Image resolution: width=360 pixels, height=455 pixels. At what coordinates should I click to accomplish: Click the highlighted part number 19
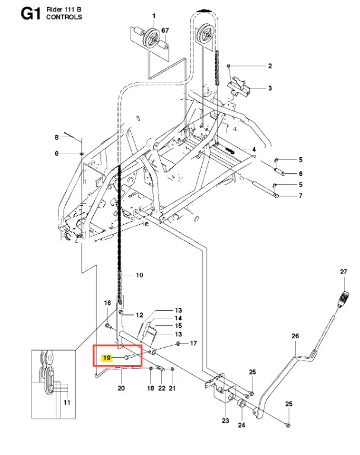[107, 358]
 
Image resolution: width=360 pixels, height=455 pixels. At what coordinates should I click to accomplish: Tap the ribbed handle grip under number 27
[344, 298]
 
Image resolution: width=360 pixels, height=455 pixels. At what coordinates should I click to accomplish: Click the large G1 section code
[30, 14]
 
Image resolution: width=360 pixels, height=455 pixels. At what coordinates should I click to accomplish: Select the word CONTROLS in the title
[64, 17]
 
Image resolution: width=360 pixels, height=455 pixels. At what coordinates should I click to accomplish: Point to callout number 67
[165, 30]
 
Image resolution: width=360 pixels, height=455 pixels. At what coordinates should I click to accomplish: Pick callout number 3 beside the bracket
[270, 88]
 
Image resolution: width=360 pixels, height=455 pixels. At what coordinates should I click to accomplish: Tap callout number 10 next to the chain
[139, 275]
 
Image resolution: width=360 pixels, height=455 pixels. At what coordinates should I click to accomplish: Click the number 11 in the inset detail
[66, 402]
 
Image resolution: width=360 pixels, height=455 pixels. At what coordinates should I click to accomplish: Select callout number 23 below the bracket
[225, 421]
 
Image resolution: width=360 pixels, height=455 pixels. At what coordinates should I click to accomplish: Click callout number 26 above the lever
[295, 336]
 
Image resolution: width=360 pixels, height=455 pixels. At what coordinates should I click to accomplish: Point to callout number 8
[56, 137]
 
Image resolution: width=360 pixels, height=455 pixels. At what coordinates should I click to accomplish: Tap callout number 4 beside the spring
[254, 149]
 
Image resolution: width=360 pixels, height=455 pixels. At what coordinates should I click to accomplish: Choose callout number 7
[301, 196]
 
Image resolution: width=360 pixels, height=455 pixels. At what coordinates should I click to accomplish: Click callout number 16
[107, 303]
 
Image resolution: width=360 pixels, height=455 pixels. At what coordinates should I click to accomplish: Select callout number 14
[178, 319]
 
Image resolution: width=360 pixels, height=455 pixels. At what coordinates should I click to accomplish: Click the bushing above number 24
[241, 405]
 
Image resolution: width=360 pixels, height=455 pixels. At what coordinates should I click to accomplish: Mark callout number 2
[270, 66]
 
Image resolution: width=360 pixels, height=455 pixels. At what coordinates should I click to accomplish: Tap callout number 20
[121, 388]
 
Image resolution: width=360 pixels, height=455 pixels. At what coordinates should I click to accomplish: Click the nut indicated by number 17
[178, 344]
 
